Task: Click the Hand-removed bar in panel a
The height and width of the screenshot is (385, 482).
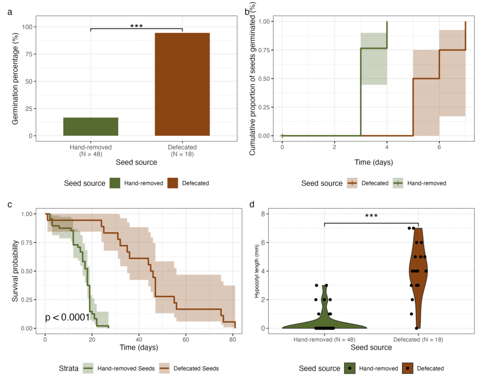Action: [90, 126]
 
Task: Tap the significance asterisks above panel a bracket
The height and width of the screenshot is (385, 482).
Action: [136, 26]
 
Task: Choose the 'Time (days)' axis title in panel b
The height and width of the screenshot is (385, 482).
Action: [373, 162]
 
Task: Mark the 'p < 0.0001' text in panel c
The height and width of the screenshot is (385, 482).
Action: [67, 317]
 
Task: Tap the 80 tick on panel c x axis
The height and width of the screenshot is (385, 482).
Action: [232, 339]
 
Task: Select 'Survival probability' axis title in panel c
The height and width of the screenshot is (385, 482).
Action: [16, 271]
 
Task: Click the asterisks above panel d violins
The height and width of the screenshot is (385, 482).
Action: [371, 216]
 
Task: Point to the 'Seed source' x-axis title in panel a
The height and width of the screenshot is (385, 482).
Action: [136, 162]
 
